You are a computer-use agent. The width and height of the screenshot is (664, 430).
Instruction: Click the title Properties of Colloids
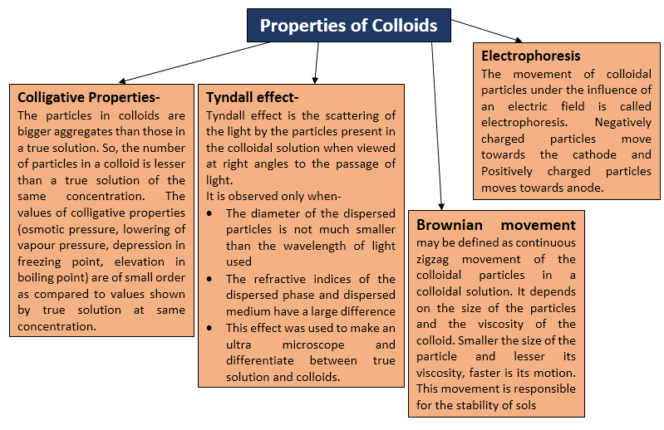[348, 26]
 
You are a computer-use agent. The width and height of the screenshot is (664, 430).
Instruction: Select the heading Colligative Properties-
[88, 97]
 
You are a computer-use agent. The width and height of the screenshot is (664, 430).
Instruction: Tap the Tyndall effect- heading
[253, 97]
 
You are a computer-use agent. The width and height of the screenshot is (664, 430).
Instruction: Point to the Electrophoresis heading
[530, 56]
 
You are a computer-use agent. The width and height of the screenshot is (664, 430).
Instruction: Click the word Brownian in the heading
[450, 224]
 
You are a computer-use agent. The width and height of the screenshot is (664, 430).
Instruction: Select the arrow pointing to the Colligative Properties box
[194, 61]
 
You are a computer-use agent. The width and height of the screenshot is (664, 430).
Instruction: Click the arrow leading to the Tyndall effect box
[317, 62]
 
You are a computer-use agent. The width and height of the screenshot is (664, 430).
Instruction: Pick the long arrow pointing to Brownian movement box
[436, 126]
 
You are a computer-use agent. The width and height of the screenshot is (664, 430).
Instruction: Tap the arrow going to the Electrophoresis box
[486, 31]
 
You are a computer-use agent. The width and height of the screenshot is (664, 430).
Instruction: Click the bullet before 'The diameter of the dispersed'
[209, 213]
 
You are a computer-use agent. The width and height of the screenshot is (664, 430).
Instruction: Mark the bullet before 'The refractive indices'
[209, 279]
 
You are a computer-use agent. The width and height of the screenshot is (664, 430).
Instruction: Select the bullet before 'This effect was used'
[209, 328]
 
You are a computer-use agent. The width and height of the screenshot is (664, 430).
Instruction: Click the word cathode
[594, 154]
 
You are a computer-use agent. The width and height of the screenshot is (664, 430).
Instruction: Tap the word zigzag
[432, 260]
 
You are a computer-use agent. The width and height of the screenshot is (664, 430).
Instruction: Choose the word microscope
[313, 345]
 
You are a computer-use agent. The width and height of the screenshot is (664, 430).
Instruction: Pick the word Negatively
[623, 123]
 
